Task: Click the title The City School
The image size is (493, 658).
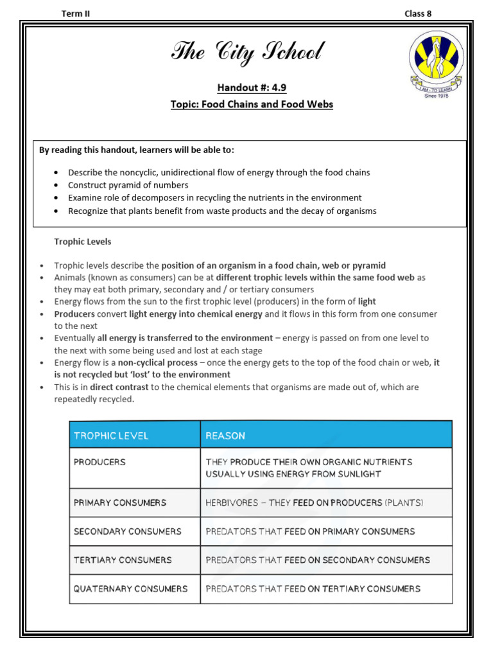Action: (247, 52)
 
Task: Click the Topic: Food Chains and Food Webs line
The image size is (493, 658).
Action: (252, 104)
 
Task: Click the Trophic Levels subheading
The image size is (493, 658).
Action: (82, 242)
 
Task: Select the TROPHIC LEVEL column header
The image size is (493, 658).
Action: (110, 436)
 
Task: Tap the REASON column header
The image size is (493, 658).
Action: (225, 436)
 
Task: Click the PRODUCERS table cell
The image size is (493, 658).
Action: (99, 462)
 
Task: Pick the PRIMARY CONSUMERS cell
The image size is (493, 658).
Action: (119, 502)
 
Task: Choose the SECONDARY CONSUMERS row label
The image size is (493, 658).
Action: (127, 531)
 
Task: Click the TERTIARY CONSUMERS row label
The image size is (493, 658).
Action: (123, 560)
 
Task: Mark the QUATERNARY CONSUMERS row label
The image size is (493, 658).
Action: (130, 589)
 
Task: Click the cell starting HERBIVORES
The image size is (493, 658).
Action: (314, 502)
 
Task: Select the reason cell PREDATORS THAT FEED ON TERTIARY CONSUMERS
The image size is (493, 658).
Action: (313, 589)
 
